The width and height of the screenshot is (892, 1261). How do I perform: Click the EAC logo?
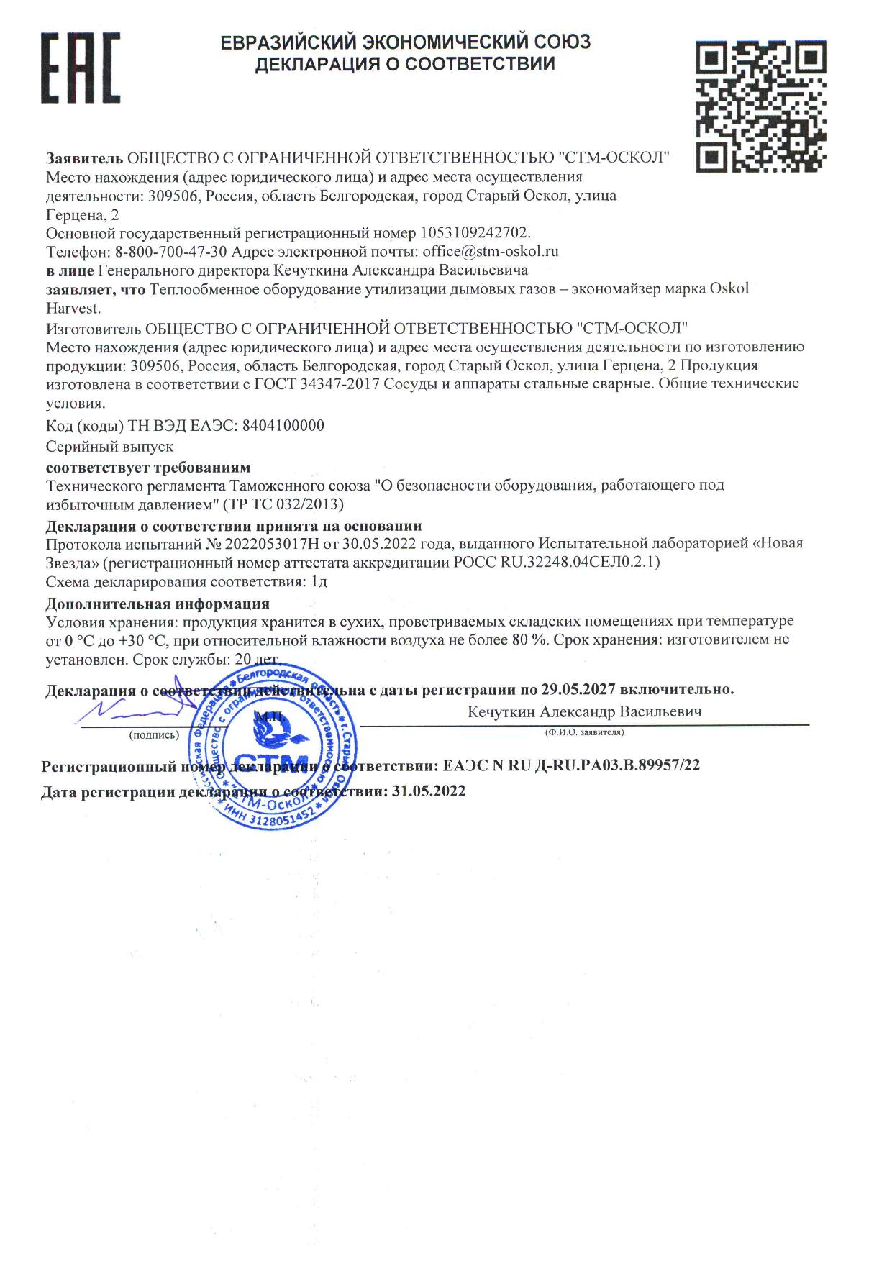(79, 68)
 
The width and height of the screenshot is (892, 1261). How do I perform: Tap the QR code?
(760, 104)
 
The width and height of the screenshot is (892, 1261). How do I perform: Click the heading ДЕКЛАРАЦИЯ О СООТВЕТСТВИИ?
(406, 64)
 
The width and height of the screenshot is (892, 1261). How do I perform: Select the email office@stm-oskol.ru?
(491, 252)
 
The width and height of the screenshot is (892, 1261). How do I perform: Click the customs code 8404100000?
(283, 425)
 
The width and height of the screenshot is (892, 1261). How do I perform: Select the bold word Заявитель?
(85, 158)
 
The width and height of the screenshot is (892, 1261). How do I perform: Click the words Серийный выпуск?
(109, 447)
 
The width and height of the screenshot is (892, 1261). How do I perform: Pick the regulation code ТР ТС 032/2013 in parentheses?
(283, 503)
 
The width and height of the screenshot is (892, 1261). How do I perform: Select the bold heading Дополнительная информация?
(158, 604)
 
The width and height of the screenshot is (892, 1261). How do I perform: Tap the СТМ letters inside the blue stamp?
(271, 762)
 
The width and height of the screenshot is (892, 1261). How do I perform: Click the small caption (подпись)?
(153, 735)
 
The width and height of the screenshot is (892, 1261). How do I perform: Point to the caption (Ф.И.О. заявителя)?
(584, 732)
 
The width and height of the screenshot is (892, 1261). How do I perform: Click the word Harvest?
(73, 309)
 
